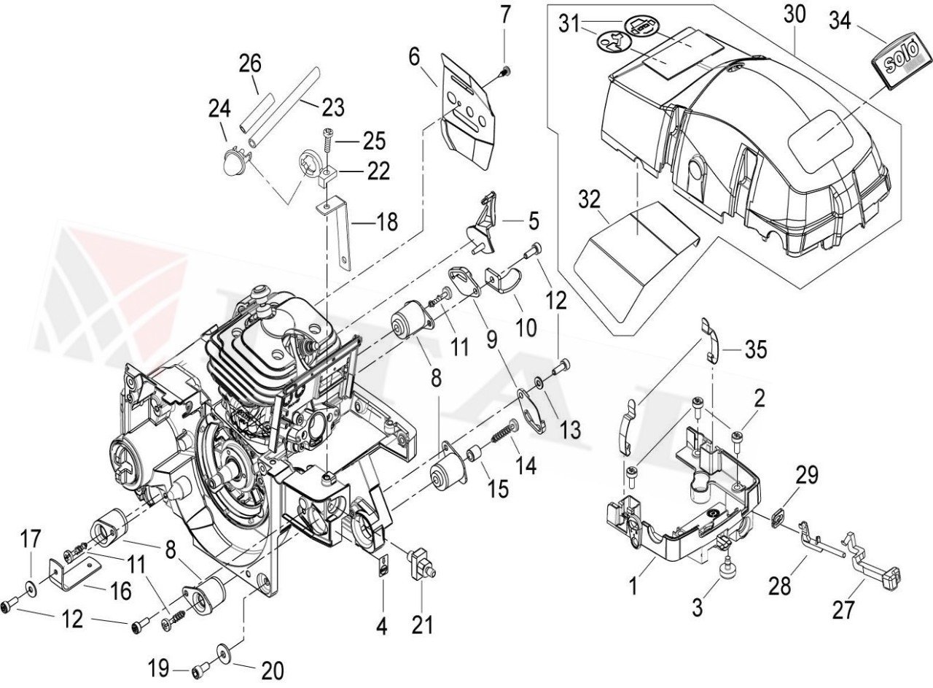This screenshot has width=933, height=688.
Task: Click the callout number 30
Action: [796, 14]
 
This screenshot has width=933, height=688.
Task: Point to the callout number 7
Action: [506, 14]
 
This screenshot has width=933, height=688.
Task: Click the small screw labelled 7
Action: [505, 70]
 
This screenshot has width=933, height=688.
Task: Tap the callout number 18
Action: [387, 222]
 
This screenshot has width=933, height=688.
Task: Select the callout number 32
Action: [589, 199]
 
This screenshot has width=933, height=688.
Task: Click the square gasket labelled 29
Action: [778, 516]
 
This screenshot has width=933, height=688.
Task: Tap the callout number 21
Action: [422, 625]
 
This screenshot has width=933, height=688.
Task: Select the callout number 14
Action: [526, 463]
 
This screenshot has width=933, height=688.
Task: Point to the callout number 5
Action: [534, 219]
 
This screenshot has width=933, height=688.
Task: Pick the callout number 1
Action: [633, 585]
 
